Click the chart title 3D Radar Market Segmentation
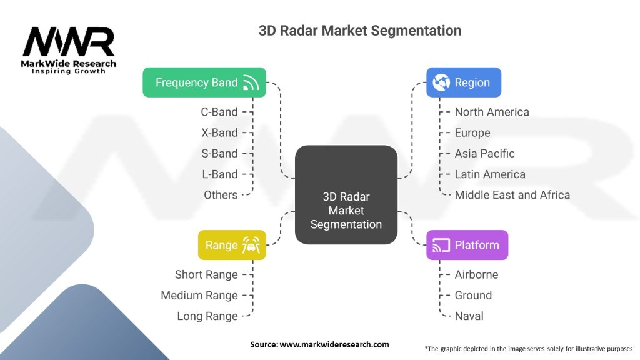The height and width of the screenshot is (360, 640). point(360,30)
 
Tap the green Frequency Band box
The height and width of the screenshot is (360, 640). point(204,82)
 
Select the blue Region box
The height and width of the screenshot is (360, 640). point(463,82)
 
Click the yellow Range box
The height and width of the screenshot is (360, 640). point(232,245)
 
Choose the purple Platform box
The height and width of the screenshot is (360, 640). point(467,245)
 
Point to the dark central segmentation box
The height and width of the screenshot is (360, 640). point(346,194)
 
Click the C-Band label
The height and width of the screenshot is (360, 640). point(219,112)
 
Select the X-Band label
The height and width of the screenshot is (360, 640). point(219,132)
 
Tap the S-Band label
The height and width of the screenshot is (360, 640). point(219,153)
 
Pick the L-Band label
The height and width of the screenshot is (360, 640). point(219,174)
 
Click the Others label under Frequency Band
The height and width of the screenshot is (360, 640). point(221,195)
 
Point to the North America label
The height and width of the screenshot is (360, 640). point(492,112)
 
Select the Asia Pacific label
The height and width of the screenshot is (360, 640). point(485,153)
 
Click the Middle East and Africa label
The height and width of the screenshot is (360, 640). point(512,195)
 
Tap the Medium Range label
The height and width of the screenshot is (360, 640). point(199,295)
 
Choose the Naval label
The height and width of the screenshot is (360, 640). point(469,316)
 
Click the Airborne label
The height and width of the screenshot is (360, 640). point(476,274)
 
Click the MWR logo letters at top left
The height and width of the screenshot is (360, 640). point(69,43)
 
